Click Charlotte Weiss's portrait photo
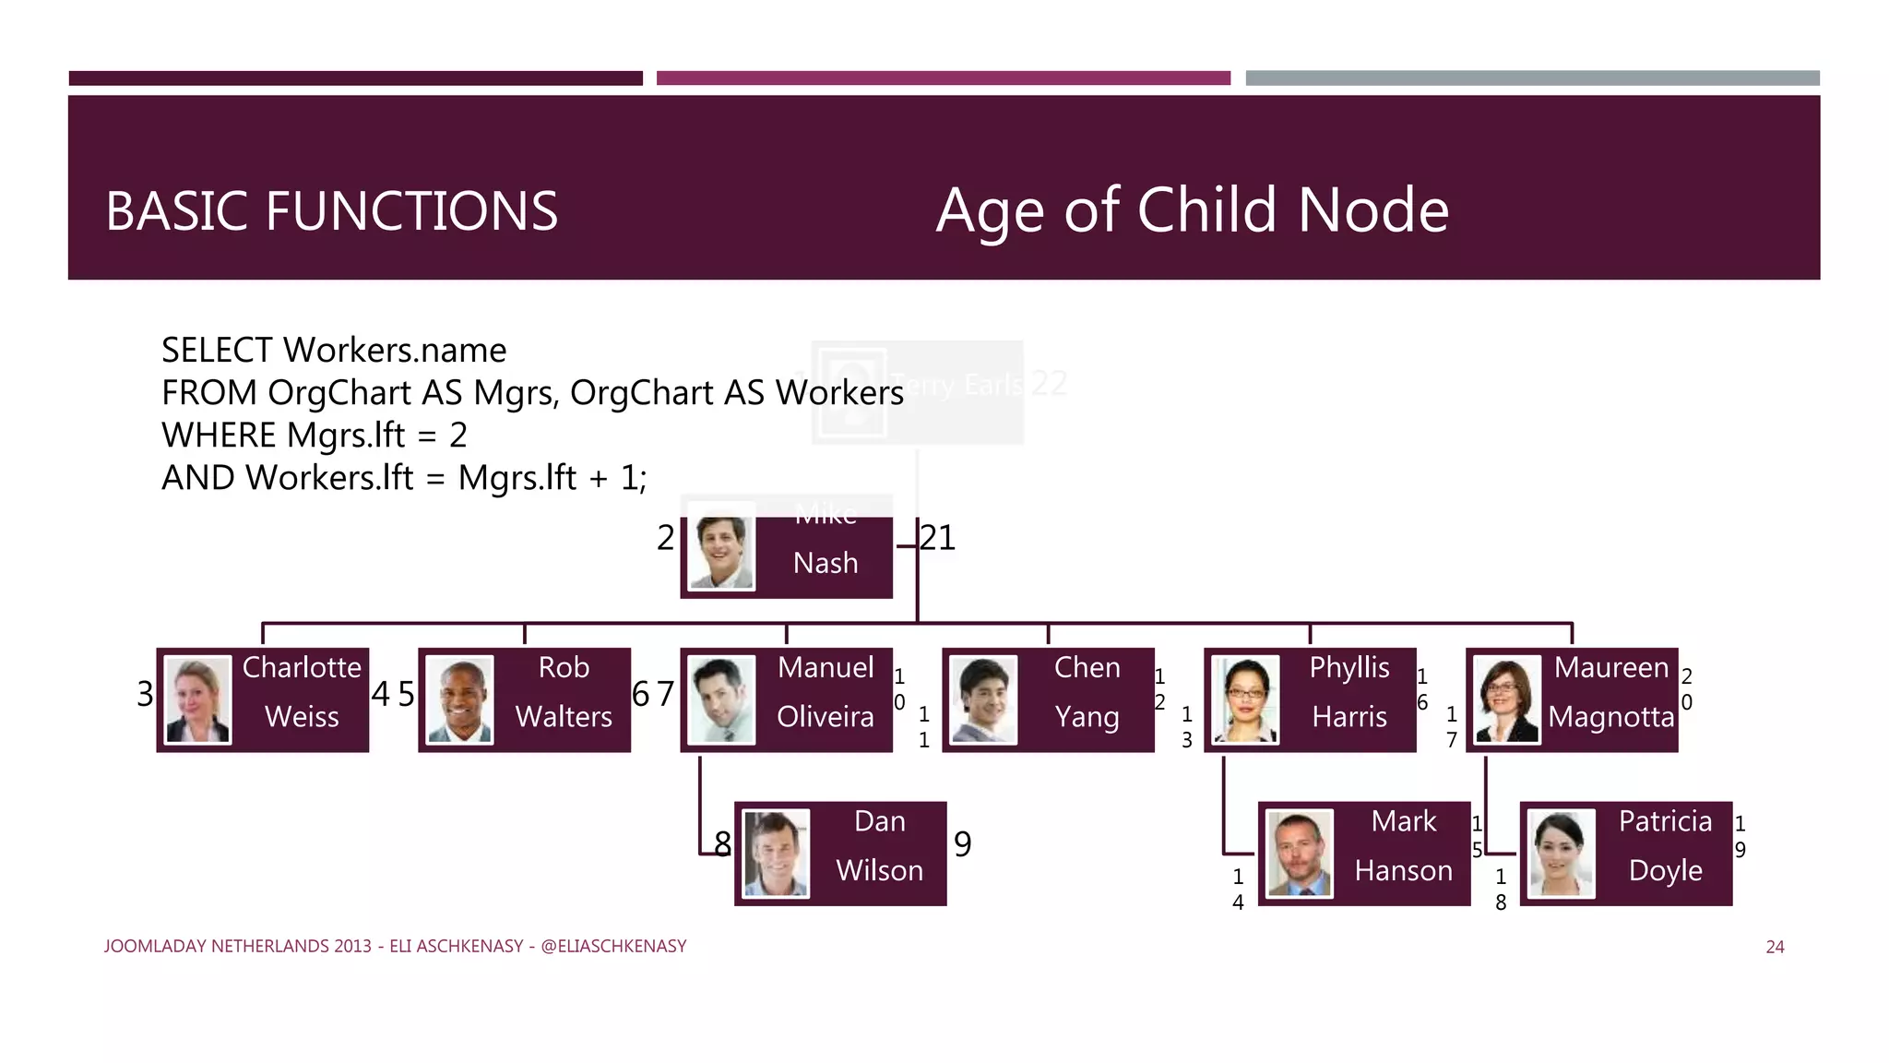coord(197,699)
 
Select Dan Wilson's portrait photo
coord(776,854)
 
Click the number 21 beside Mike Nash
coord(938,538)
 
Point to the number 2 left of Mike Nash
coord(665,538)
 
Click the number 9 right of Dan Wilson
coord(962,844)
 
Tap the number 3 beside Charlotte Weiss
coord(145,694)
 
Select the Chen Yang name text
coord(1087,692)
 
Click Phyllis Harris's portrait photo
coord(1245,699)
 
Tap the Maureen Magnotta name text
coord(1610,692)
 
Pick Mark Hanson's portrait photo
coord(1300,854)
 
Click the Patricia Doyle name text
coord(1665,846)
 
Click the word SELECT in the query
coord(217,351)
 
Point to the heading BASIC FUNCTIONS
coord(331,211)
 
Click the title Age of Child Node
coord(1192,210)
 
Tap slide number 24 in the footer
coord(1775,947)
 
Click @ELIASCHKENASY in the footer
coord(613,947)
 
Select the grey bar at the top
coord(1532,78)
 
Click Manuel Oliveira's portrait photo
coord(721,699)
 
